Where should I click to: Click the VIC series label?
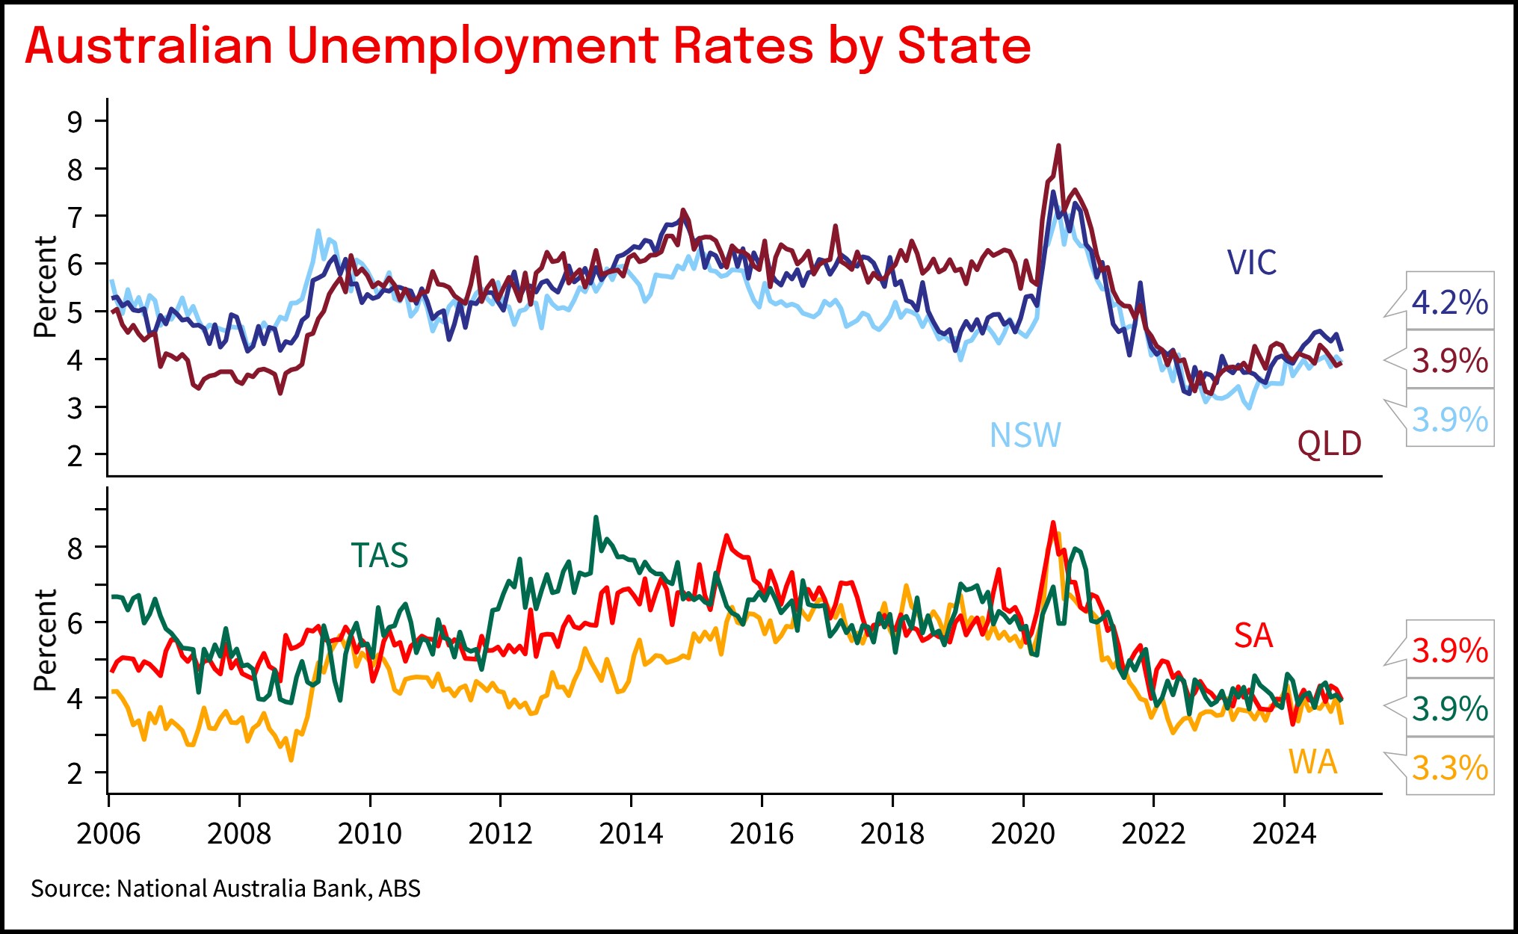[1252, 263]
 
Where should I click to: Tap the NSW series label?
[1025, 436]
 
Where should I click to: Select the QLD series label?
[1329, 444]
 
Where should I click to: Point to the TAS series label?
[380, 556]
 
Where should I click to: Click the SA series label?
[1253, 637]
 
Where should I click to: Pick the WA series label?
[1312, 762]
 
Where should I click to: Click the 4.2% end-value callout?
[1449, 303]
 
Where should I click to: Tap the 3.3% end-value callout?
[1449, 768]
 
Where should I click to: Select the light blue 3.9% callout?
[1449, 420]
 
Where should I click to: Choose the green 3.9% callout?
[1449, 709]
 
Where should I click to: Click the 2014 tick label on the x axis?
[631, 834]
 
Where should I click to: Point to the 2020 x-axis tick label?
[1022, 834]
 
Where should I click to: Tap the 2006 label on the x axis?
[108, 834]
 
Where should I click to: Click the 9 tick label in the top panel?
[75, 122]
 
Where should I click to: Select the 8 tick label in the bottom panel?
[75, 549]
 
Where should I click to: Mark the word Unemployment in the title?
[472, 46]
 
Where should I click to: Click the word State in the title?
[963, 46]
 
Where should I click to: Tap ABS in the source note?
[399, 888]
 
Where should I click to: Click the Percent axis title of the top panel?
[46, 287]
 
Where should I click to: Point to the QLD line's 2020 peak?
[1058, 146]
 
